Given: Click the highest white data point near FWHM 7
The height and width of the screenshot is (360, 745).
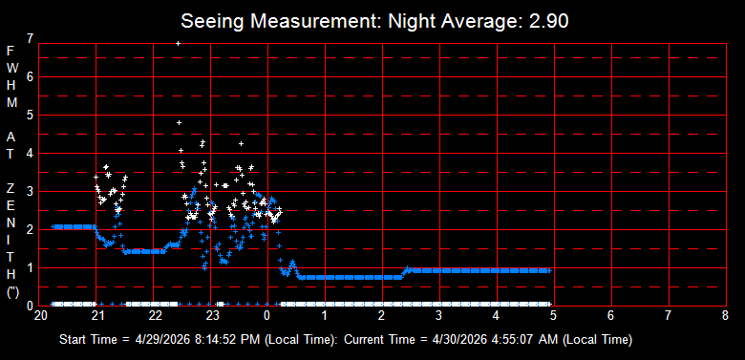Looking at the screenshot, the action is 179,43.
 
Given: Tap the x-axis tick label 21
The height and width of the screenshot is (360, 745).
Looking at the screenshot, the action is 97,315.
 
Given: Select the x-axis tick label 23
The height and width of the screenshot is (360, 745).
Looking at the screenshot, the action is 212,315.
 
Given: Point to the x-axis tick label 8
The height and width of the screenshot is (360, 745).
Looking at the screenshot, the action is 725,315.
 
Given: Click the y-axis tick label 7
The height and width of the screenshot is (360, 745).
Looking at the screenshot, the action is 31,39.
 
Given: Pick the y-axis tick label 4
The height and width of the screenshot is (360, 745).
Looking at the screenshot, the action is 31,154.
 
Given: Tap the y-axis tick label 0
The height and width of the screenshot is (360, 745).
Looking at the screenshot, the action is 31,306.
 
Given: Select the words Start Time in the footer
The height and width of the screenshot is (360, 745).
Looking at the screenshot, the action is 88,340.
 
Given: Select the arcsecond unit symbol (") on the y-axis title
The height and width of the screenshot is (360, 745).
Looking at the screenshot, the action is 12,292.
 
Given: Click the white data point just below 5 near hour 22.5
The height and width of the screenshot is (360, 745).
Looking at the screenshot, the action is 180,122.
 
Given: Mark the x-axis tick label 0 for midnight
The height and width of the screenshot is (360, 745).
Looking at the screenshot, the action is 267,315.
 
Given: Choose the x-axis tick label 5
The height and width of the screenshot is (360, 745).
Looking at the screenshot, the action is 553,315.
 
